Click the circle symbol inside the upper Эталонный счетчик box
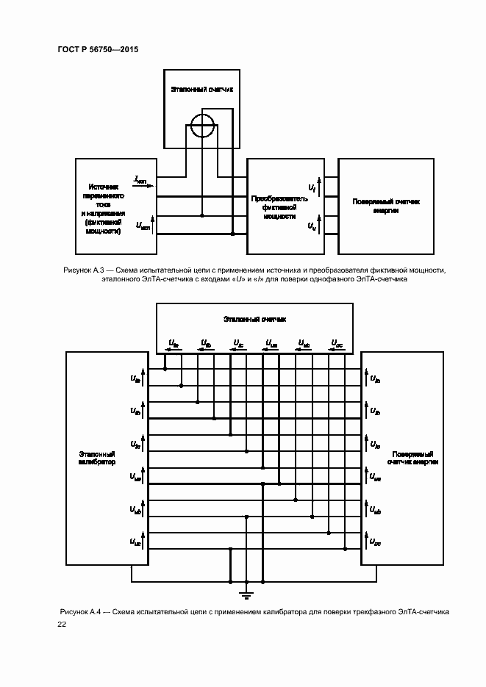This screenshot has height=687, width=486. (201, 127)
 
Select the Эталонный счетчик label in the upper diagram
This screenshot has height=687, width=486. (201, 89)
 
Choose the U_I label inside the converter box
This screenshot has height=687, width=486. (311, 189)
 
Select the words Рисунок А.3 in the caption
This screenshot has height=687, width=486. (82, 271)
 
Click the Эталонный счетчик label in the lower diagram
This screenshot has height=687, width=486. (254, 320)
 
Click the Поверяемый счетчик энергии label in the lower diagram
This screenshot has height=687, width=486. (412, 458)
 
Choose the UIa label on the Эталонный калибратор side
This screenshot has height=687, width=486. (135, 379)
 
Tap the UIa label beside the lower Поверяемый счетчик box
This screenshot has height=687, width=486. (375, 379)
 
